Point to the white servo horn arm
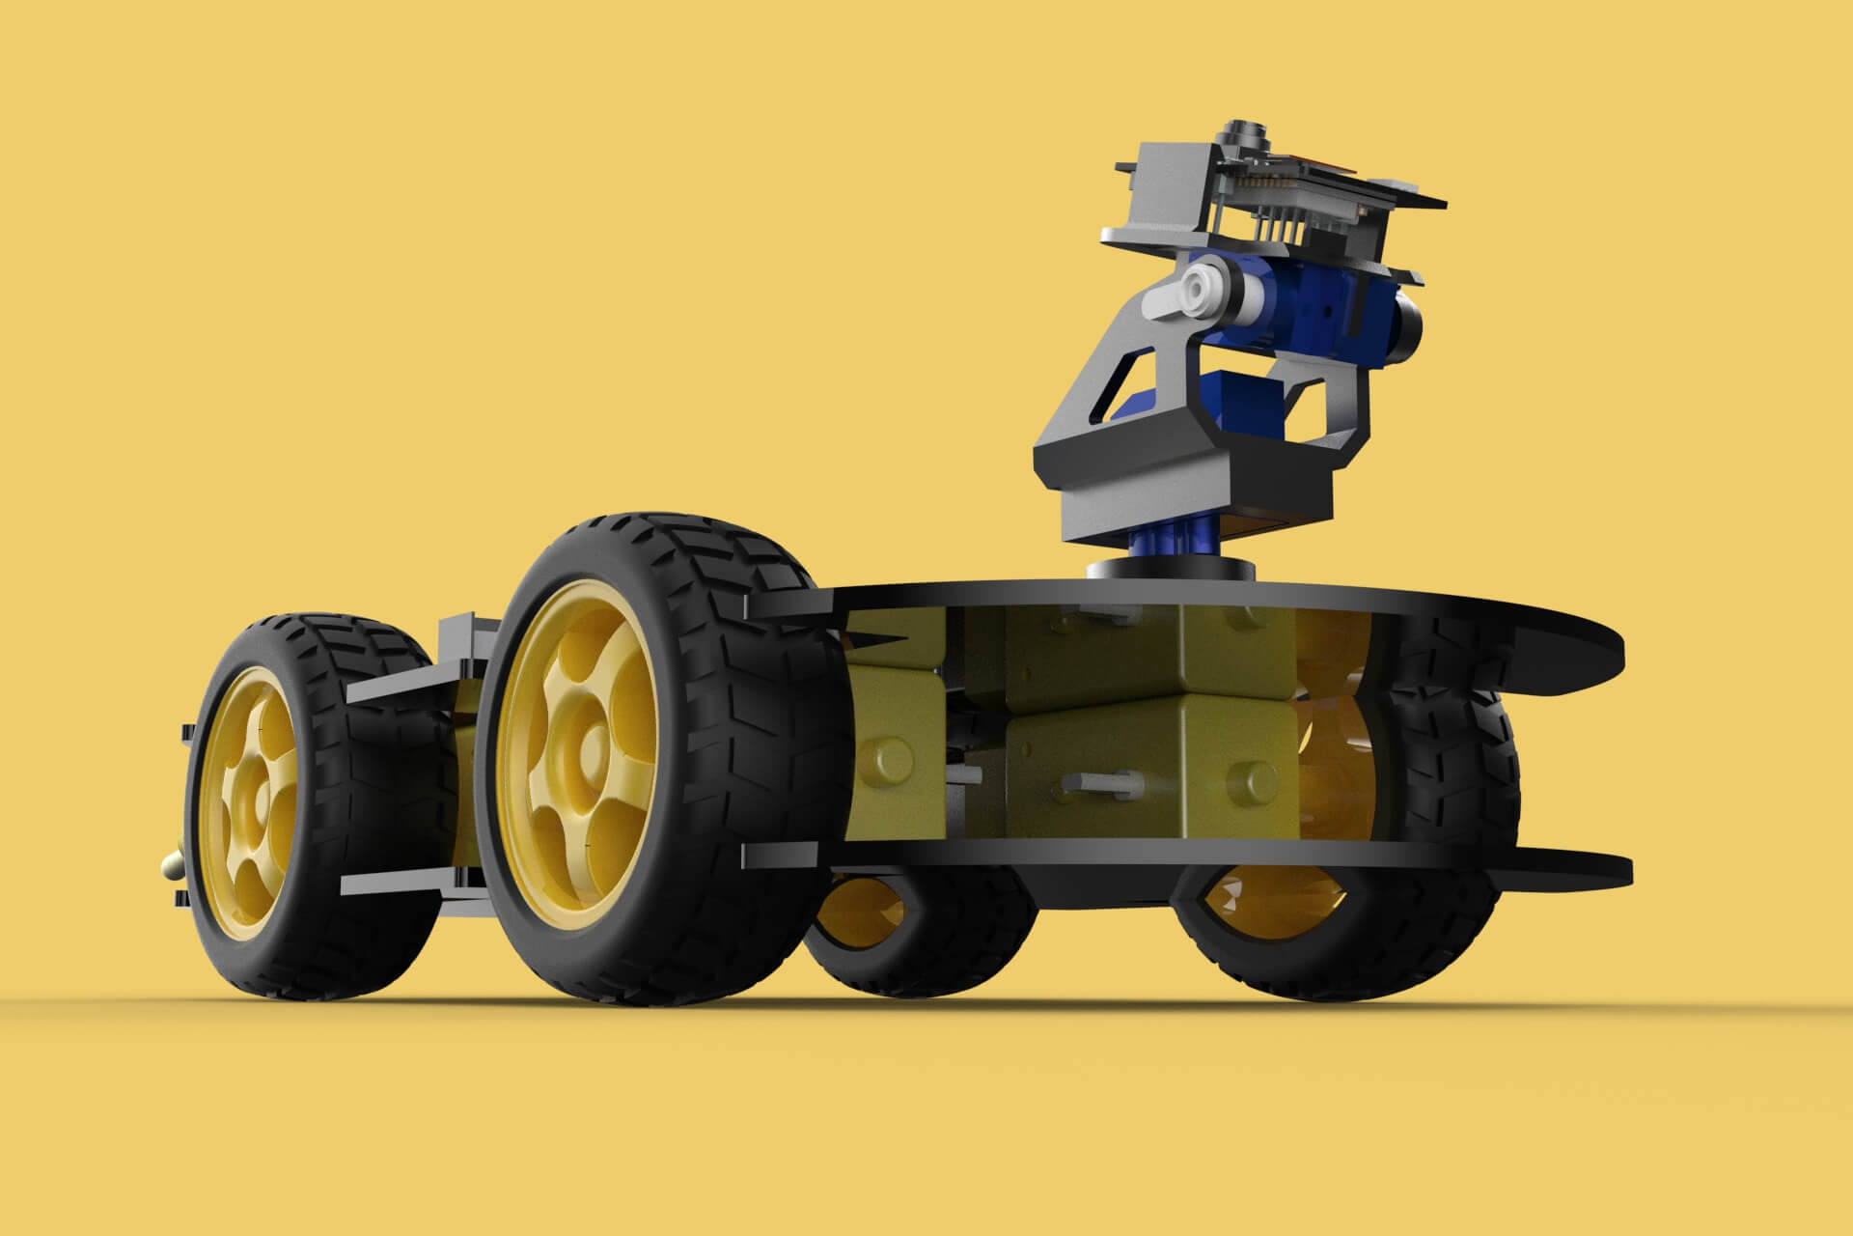(x=1182, y=295)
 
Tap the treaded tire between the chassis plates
(x=1448, y=772)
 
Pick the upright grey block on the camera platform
(x=1168, y=193)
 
